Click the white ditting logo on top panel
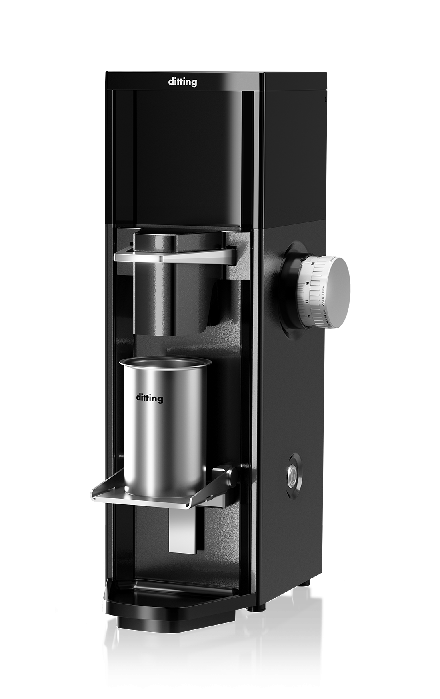(182, 83)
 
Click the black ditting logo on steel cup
(149, 398)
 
